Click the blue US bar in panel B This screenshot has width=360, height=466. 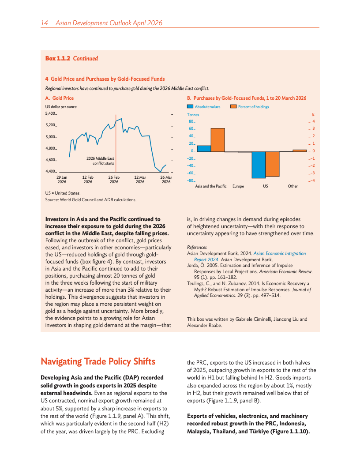pyautogui.click(x=259, y=165)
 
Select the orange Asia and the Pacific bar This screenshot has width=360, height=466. pyautogui.click(x=217, y=140)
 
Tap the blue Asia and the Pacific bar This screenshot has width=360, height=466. pyautogui.click(x=204, y=149)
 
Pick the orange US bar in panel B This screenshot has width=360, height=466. pyautogui.click(x=272, y=164)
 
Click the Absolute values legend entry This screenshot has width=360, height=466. pyautogui.click(x=204, y=107)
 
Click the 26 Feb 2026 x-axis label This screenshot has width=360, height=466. pyautogui.click(x=114, y=179)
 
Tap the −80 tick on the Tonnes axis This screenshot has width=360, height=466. pyautogui.click(x=191, y=180)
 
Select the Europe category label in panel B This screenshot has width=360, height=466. pyautogui.click(x=238, y=186)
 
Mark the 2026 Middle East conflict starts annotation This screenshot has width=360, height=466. pyautogui.click(x=100, y=161)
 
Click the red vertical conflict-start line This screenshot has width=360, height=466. pyautogui.click(x=116, y=146)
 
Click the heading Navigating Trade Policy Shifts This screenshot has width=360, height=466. pyautogui.click(x=98, y=361)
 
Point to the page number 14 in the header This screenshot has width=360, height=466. pyautogui.click(x=44, y=23)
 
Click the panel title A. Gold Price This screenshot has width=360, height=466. pyautogui.click(x=60, y=98)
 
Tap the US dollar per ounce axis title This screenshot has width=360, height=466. pyautogui.click(x=61, y=107)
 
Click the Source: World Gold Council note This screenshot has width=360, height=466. pyautogui.click(x=91, y=200)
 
